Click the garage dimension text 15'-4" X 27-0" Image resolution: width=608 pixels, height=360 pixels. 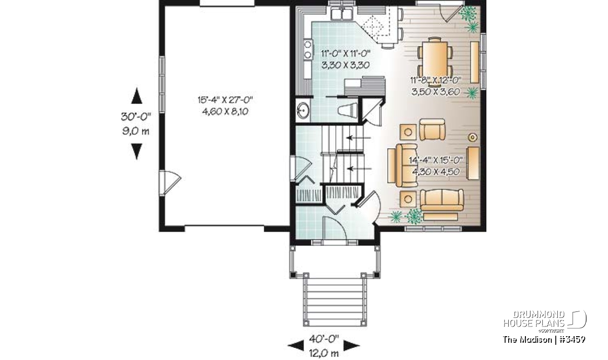pyautogui.click(x=225, y=100)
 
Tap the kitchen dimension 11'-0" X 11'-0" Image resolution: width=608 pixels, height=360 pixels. pyautogui.click(x=346, y=54)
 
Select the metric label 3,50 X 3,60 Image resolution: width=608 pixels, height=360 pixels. pyautogui.click(x=436, y=92)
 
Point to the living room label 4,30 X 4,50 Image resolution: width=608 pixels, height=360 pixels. pyautogui.click(x=436, y=172)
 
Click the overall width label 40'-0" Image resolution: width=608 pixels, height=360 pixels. pyautogui.click(x=324, y=339)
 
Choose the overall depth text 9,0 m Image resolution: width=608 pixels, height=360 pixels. pyautogui.click(x=136, y=131)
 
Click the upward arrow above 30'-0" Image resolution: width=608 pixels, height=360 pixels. pyautogui.click(x=136, y=96)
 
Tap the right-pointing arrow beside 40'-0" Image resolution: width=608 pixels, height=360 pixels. pyautogui.click(x=352, y=346)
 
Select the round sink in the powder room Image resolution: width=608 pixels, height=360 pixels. pyautogui.click(x=302, y=110)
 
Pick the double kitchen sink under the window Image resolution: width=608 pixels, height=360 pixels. pyautogui.click(x=341, y=14)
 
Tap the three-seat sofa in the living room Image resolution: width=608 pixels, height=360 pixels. pyautogui.click(x=406, y=166)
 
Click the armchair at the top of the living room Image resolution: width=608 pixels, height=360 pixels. pyautogui.click(x=432, y=130)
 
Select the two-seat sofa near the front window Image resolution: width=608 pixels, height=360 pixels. pyautogui.click(x=442, y=200)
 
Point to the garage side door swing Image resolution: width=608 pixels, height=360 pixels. pyautogui.click(x=170, y=183)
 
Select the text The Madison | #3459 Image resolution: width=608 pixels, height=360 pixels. pyautogui.click(x=544, y=339)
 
